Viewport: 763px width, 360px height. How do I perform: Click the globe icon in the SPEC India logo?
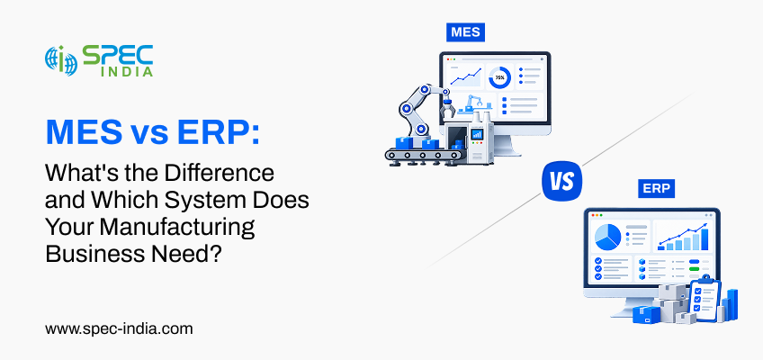(x=61, y=60)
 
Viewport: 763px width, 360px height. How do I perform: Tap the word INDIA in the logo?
(x=129, y=71)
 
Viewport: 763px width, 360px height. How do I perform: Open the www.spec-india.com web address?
(x=119, y=328)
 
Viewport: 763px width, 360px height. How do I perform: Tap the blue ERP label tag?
(x=657, y=189)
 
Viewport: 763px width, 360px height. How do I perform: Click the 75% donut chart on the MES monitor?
(x=499, y=77)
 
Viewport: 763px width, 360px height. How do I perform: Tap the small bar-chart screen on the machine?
(x=476, y=134)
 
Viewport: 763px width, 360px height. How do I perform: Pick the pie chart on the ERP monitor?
(x=607, y=237)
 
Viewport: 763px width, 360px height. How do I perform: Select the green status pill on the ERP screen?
(x=695, y=268)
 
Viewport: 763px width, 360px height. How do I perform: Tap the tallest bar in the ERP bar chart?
(x=705, y=238)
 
